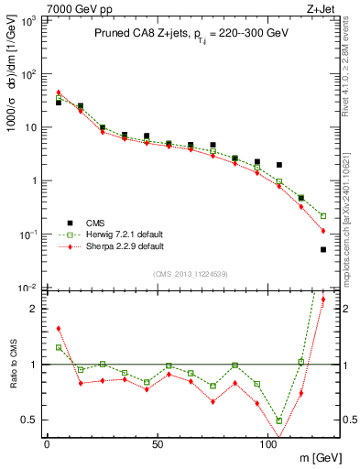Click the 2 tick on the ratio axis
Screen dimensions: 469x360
(32, 309)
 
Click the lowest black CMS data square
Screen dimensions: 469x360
(323, 249)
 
